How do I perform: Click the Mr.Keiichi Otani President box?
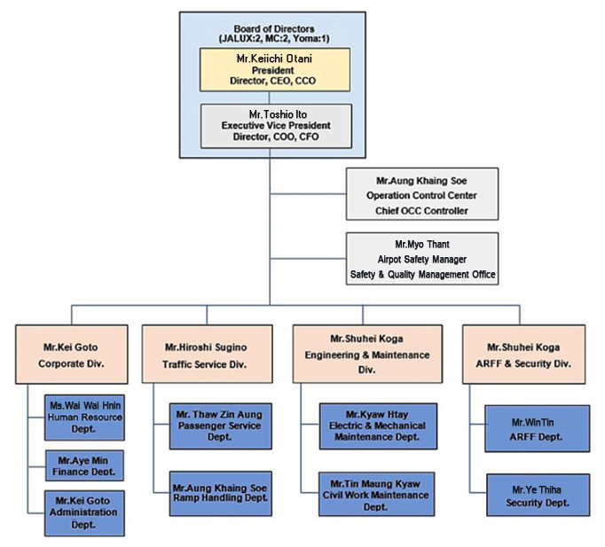(x=275, y=69)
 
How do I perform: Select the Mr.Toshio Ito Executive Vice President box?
(x=276, y=126)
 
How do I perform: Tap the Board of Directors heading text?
(x=274, y=34)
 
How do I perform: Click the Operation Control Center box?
(x=422, y=194)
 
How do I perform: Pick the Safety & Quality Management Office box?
(x=422, y=259)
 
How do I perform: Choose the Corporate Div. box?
(x=71, y=355)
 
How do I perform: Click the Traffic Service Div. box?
(x=208, y=354)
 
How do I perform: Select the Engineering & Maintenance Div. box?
(x=367, y=354)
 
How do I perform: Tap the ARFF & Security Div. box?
(x=523, y=355)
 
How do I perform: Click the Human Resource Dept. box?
(x=84, y=418)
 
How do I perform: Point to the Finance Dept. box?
(x=84, y=465)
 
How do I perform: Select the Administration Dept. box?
(x=84, y=513)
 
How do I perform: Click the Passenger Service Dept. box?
(x=220, y=426)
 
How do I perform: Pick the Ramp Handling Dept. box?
(x=220, y=494)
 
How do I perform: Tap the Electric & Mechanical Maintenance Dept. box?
(x=378, y=426)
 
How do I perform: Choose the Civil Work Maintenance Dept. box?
(x=377, y=494)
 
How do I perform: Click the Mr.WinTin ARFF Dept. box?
(x=537, y=429)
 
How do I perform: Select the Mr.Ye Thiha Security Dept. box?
(x=538, y=496)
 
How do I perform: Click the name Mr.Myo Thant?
(x=422, y=245)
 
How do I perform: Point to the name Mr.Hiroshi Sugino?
(x=206, y=348)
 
